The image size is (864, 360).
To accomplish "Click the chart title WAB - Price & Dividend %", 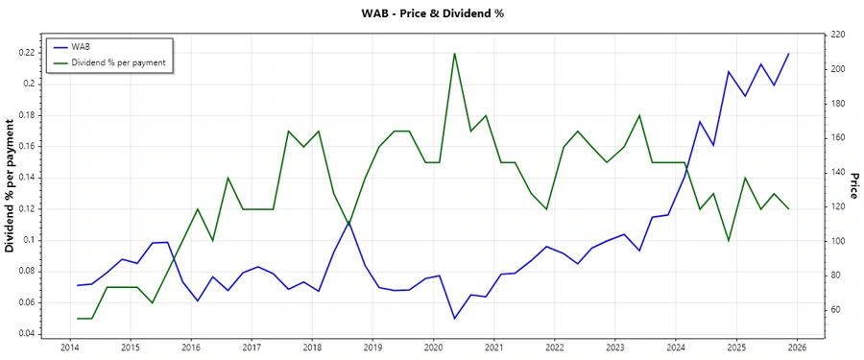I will pos(432,13).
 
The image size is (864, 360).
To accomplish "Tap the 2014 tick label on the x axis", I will pos(70,347).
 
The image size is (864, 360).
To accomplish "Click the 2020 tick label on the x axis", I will pos(433,347).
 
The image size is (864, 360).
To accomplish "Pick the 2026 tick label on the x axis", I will pos(796,347).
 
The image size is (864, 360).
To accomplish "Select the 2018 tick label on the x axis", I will pos(312,347).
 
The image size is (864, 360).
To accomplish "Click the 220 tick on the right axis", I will pos(837,35).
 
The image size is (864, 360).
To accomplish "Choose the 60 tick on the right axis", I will pos(835,310).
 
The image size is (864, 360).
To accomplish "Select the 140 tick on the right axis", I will pos(837,173).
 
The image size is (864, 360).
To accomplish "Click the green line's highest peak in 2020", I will pos(454,53).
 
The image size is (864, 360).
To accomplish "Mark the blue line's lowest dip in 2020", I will pos(454,318).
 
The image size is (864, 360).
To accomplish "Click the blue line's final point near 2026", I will pos(789,54).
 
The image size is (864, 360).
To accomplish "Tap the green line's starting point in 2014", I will pos(78,318).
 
